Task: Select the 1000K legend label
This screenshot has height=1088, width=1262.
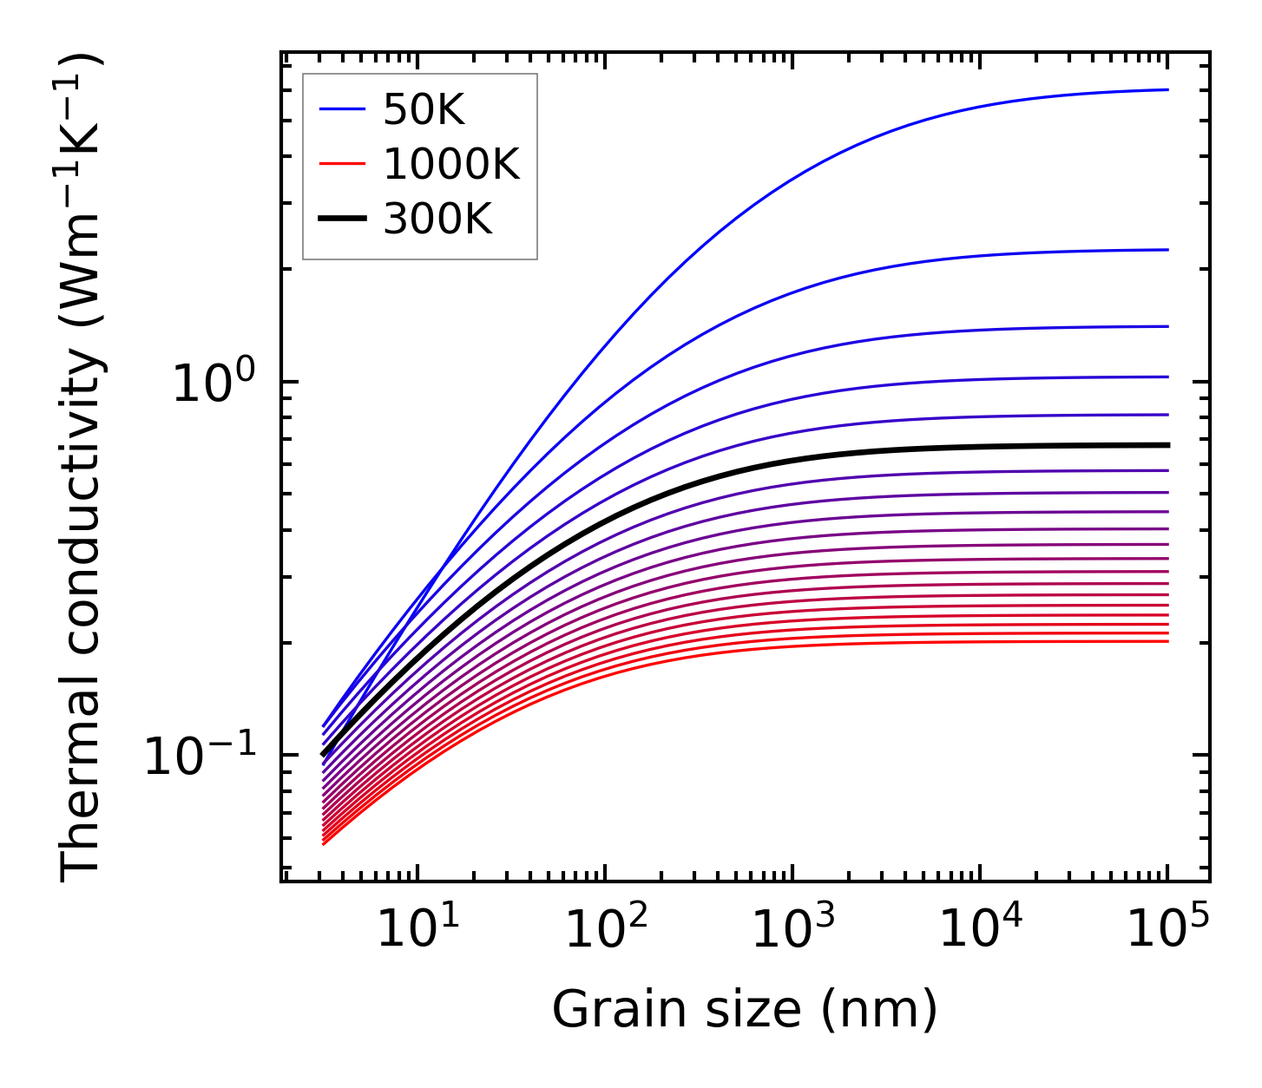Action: [451, 164]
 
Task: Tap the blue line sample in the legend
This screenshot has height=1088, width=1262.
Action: [342, 109]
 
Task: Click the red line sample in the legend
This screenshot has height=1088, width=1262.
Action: [342, 164]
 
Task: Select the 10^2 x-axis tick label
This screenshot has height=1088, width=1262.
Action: [598, 930]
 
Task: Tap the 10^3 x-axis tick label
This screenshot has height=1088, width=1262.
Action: [785, 930]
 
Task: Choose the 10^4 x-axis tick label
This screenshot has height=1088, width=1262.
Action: [974, 930]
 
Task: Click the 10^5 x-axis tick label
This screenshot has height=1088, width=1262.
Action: [1161, 930]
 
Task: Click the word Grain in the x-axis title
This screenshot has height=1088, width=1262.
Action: [600, 1010]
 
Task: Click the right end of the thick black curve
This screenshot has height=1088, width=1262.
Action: [1167, 445]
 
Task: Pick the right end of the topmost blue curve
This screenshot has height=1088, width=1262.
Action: [1167, 89]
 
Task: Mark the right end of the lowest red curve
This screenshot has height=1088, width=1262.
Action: [1167, 641]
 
